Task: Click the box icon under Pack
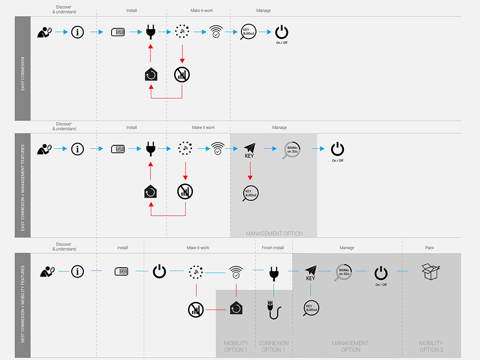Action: click(430, 272)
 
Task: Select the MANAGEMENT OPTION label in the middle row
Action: click(274, 233)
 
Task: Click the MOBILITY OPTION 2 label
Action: click(431, 346)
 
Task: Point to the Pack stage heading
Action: click(429, 247)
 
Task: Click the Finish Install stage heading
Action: click(272, 247)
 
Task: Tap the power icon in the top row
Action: click(282, 32)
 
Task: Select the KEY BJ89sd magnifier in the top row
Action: click(248, 32)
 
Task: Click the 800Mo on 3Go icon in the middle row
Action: click(292, 150)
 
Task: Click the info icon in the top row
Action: click(77, 32)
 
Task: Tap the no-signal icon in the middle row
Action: click(185, 191)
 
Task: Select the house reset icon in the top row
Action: click(150, 75)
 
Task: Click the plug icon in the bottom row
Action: click(274, 272)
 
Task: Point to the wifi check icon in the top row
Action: click(216, 32)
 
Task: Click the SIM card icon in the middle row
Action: click(118, 150)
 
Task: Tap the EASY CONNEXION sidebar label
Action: click(22, 74)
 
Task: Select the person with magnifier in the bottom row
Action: click(47, 271)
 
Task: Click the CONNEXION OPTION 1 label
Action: click(274, 346)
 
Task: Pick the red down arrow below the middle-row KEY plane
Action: click(250, 171)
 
